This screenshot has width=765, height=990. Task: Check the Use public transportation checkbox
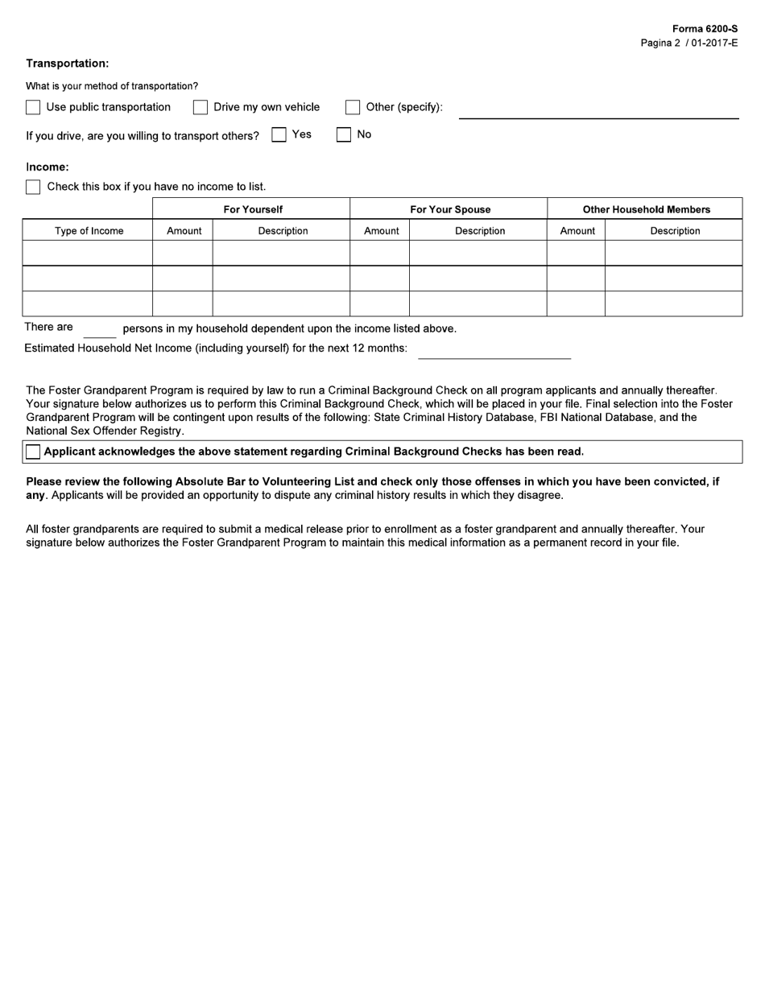point(33,107)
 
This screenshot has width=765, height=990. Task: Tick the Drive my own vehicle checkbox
point(201,107)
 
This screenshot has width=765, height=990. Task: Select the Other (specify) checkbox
point(353,107)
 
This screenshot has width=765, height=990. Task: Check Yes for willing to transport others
point(279,135)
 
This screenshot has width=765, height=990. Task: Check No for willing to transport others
point(344,135)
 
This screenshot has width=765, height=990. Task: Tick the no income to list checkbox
point(33,187)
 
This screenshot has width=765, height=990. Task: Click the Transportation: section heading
point(68,64)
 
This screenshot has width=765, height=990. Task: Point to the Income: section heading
point(48,167)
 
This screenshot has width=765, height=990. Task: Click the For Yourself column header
point(253,209)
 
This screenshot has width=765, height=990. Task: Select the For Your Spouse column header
point(450,209)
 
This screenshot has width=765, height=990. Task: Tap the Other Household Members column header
point(646,209)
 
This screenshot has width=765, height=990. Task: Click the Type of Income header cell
point(89,231)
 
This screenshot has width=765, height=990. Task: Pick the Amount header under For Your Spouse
point(381,231)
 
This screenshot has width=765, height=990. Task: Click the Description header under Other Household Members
point(675,231)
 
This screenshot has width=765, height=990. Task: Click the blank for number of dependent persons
point(100,330)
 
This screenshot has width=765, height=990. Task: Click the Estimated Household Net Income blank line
point(494,351)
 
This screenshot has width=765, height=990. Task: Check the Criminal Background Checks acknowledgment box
point(33,452)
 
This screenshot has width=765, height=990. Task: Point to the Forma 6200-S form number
point(705,29)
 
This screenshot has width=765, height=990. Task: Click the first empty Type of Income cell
point(88,253)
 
